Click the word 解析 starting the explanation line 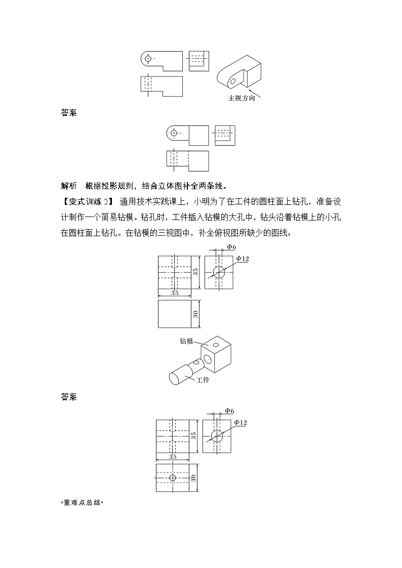(68, 185)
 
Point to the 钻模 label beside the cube (187, 341)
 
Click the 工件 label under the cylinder (203, 379)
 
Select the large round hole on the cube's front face (208, 360)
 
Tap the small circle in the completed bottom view (173, 477)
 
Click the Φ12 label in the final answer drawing (240, 422)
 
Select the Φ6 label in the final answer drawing (229, 410)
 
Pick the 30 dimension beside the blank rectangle (196, 314)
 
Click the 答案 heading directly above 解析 (68, 113)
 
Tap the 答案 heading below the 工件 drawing (68, 397)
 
